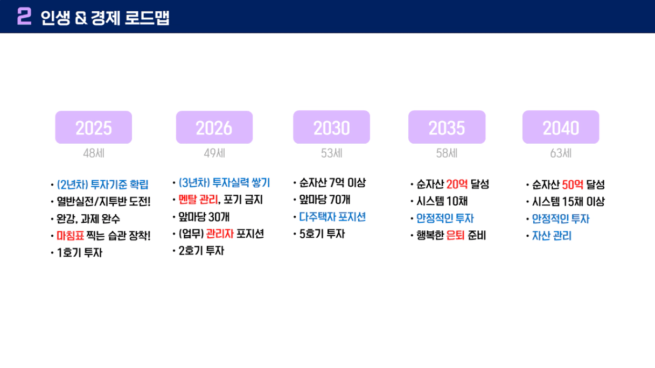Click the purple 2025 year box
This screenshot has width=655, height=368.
(x=94, y=128)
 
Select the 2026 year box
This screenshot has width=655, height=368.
(x=214, y=128)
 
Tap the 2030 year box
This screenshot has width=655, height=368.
(x=332, y=127)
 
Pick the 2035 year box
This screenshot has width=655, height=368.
(x=447, y=127)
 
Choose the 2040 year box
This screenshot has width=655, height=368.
(x=561, y=127)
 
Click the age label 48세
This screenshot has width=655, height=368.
(x=94, y=153)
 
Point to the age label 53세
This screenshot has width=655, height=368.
(x=332, y=153)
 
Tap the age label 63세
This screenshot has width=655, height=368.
(x=561, y=153)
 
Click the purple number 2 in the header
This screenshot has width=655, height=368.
(x=24, y=16)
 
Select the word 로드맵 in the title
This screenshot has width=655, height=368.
(x=147, y=18)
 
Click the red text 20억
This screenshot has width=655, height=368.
(x=457, y=185)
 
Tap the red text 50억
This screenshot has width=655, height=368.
(x=573, y=185)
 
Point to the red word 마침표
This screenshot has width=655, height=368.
(x=70, y=236)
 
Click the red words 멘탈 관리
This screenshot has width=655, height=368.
(x=198, y=200)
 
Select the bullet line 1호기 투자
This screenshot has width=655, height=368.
(x=80, y=253)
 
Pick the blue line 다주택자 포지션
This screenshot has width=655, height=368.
(x=332, y=217)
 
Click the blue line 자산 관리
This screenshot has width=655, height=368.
(x=552, y=236)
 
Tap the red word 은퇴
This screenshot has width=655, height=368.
(x=456, y=236)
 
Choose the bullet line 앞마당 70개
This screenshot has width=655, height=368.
(x=325, y=200)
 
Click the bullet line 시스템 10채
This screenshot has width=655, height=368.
(x=442, y=201)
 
